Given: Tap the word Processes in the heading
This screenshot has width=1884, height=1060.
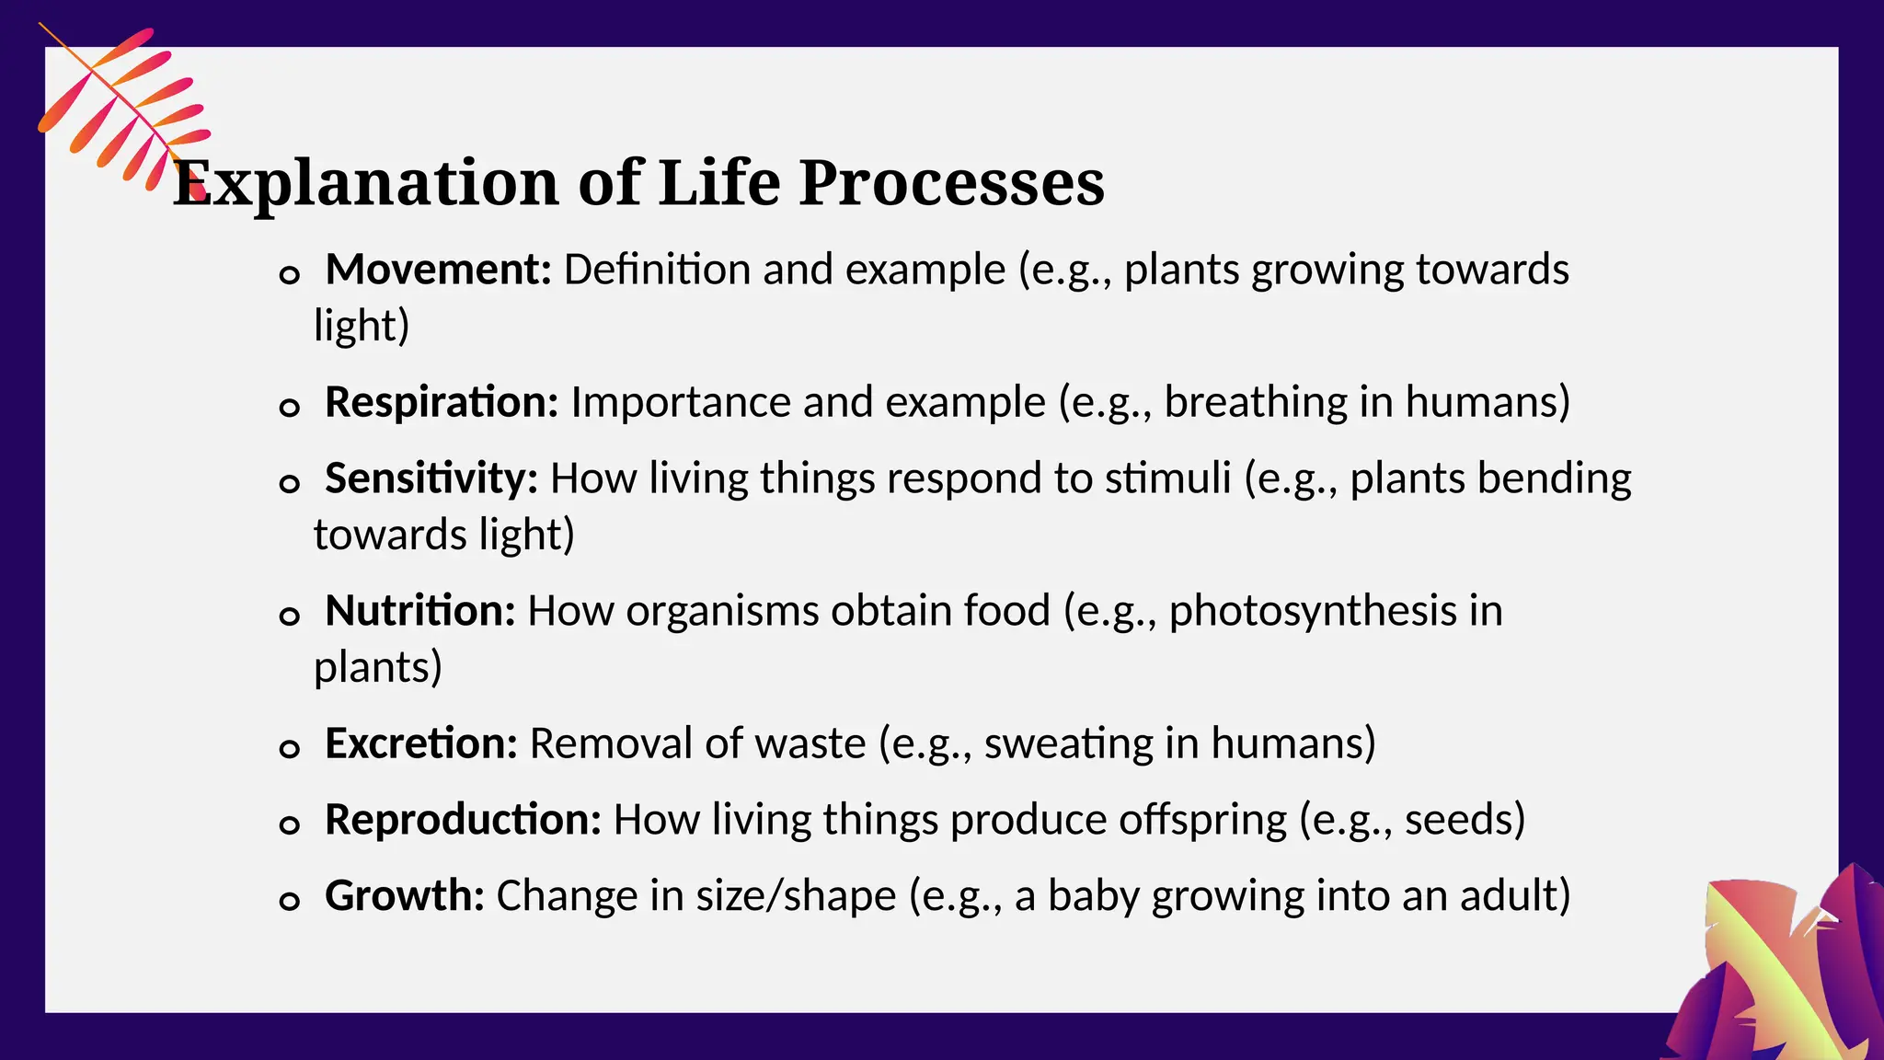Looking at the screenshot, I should coord(951,183).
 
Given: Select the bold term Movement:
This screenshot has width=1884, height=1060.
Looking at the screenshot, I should coord(438,271).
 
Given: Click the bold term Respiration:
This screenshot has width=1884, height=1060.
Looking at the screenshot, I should coord(442,403).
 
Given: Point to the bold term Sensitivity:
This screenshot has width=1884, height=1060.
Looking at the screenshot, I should coord(431,479).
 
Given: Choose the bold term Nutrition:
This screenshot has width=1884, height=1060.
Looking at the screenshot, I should coord(419,612).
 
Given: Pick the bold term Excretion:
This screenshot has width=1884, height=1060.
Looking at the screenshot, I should coord(421,744).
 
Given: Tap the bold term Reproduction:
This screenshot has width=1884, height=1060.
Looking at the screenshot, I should coord(463,821).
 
